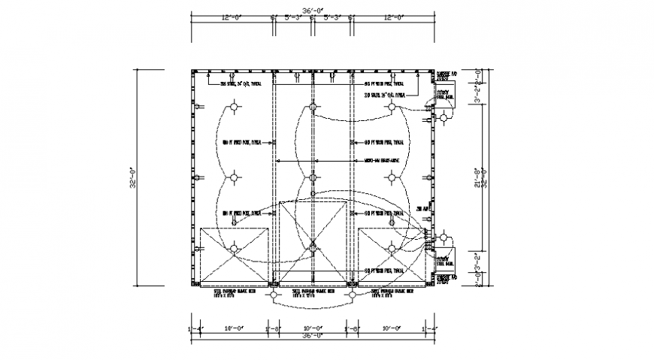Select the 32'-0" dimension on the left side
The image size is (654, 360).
(132, 178)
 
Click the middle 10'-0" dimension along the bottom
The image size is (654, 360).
(312, 328)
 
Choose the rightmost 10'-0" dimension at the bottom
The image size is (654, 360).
(391, 328)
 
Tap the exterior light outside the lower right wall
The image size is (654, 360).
(447, 240)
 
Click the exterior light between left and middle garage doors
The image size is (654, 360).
(274, 295)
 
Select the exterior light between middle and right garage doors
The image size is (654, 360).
(352, 295)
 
